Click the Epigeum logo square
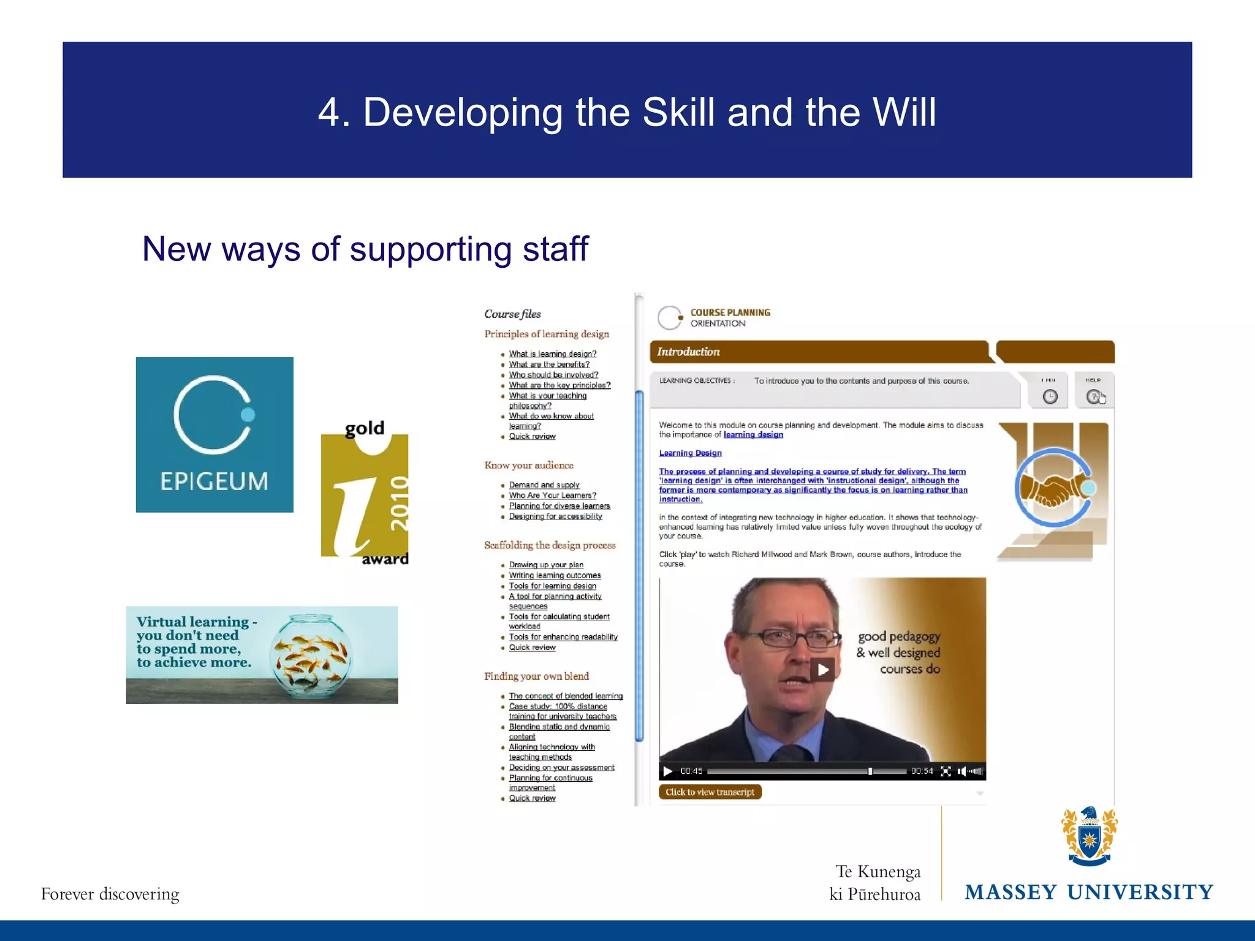(x=214, y=434)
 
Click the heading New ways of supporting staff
(x=365, y=249)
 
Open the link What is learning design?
(x=552, y=353)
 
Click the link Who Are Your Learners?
(x=552, y=495)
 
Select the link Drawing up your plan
(x=545, y=565)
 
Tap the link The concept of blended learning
(x=565, y=696)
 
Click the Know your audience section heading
(x=529, y=466)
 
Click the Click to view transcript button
(x=710, y=792)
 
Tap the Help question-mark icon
(x=1093, y=396)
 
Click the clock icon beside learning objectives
(x=1050, y=396)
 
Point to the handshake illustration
(x=1053, y=488)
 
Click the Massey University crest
(x=1089, y=836)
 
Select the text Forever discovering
(x=110, y=894)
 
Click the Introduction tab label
(x=688, y=352)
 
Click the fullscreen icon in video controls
(x=946, y=771)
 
